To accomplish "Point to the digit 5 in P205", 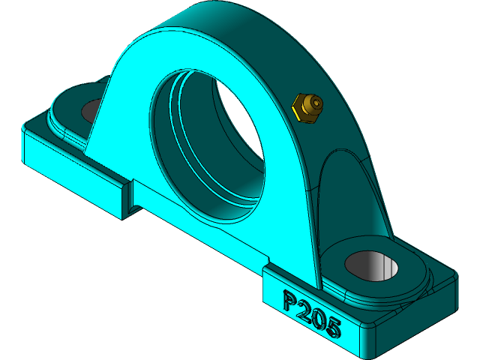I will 333,328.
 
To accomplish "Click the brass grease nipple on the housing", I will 307,107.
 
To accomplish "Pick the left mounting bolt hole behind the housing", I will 92,109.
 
